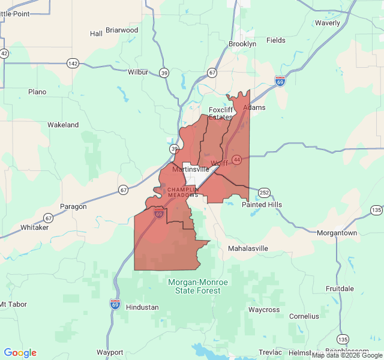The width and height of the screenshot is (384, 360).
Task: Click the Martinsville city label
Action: [x=189, y=169]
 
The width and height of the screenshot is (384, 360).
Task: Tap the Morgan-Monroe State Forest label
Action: [x=197, y=286]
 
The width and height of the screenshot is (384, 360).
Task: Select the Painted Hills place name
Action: [x=262, y=205]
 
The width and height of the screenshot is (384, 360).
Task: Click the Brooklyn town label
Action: [x=242, y=44]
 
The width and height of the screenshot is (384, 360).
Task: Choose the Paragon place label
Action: [x=73, y=206]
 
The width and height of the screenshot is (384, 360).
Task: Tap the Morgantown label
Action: [x=337, y=233]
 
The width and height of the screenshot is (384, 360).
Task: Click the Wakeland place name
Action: [x=63, y=125]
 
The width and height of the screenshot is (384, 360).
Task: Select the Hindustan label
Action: [x=142, y=307]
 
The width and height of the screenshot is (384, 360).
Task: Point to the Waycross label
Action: [x=264, y=310]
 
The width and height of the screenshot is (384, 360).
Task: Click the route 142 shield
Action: [x=73, y=64]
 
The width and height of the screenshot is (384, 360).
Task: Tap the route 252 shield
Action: [x=265, y=192]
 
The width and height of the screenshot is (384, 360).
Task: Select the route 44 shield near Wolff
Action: [x=237, y=160]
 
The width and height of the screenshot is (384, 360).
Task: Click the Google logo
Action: [x=20, y=353]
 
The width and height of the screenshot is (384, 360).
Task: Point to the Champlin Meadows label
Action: [x=182, y=192]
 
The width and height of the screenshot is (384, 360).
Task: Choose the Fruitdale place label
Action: [x=340, y=289]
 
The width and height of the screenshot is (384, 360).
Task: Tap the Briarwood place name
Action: [x=122, y=30]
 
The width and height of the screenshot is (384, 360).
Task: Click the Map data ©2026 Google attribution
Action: [x=347, y=355]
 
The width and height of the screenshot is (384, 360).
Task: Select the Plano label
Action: [x=37, y=92]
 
